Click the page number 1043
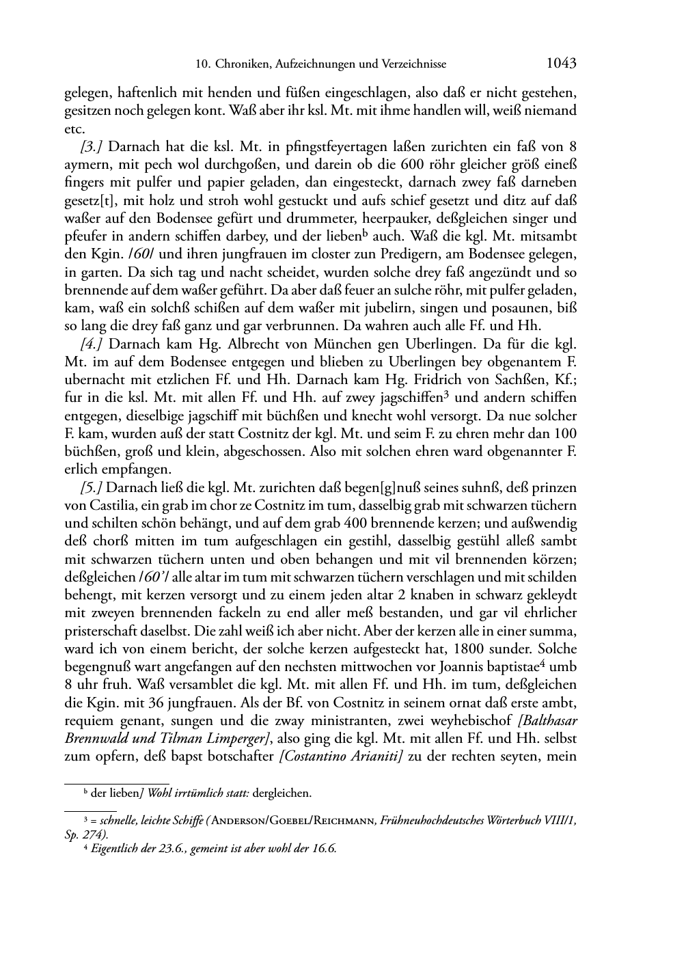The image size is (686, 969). point(561,64)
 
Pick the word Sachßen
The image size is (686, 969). point(508,379)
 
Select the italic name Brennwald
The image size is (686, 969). point(95,739)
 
